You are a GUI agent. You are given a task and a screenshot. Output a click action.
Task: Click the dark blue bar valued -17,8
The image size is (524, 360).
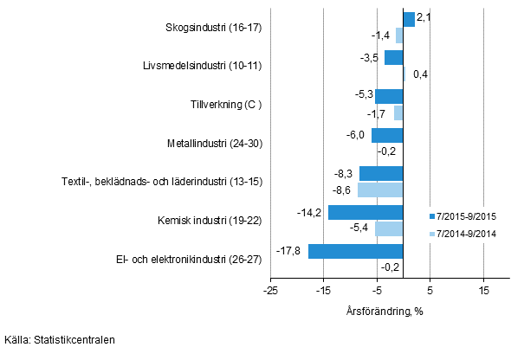coord(356,251)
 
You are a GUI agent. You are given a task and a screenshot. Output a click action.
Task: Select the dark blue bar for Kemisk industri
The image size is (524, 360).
coord(366,212)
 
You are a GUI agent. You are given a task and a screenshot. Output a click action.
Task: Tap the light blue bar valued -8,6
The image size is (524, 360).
coord(380,190)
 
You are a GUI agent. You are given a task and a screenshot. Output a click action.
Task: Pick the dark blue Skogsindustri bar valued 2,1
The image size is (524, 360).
coord(409,19)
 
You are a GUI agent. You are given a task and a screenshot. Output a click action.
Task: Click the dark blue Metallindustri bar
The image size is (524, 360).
coord(387,135)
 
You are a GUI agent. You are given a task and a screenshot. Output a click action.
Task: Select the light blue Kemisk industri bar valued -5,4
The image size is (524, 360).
coord(389,228)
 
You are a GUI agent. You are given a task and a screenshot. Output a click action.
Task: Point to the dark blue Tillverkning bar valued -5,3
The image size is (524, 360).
coord(389,96)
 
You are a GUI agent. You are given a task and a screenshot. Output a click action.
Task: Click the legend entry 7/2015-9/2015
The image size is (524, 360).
coord(467,216)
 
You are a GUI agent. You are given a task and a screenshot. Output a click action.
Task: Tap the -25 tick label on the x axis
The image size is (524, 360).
coord(270,292)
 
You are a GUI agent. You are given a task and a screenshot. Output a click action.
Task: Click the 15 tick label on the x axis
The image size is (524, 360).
coord(483,292)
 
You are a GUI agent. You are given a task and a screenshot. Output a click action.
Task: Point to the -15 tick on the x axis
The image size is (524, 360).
coord(323,292)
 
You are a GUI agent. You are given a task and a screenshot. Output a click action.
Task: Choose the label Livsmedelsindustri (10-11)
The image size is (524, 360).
coord(203,65)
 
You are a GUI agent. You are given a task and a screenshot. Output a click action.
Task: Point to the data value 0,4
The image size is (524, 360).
coord(420,74)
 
